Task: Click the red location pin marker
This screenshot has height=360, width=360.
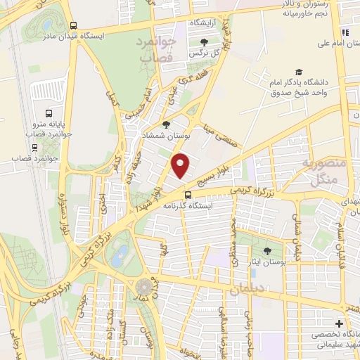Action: [x=181, y=166]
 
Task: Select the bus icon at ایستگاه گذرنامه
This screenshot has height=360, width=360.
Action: [x=188, y=195]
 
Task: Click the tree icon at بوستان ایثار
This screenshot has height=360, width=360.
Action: [x=266, y=250]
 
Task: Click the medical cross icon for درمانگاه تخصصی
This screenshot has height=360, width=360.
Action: [x=339, y=323]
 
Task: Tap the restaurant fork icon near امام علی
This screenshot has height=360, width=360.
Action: [x=345, y=32]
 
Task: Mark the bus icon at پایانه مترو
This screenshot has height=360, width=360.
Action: [x=49, y=112]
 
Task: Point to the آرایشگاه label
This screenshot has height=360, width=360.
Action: [x=203, y=23]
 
